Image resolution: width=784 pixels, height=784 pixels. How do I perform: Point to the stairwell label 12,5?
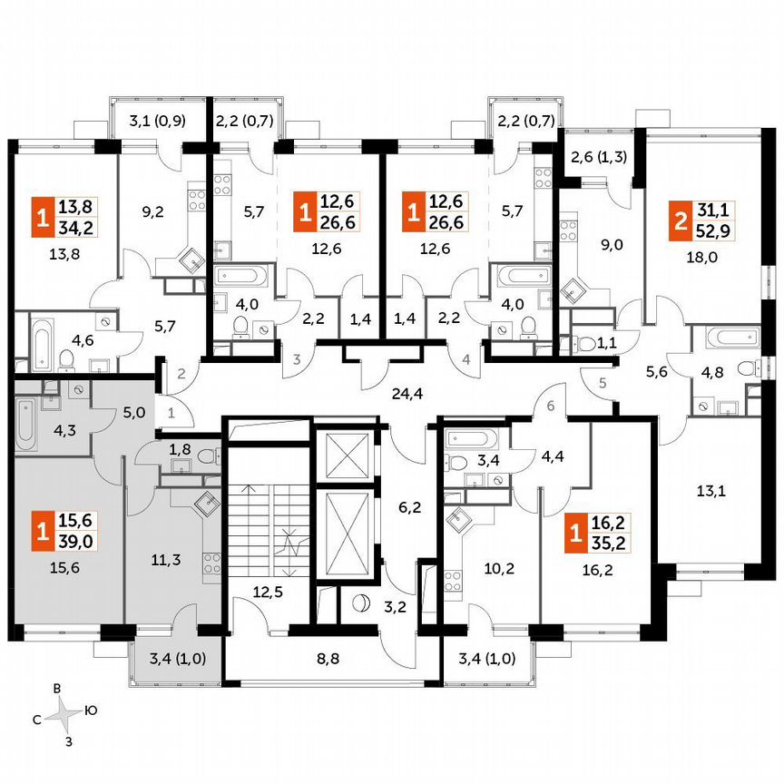tap(268, 593)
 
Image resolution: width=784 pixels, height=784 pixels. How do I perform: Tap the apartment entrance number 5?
tap(602, 382)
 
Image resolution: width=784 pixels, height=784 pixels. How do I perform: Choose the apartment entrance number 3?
tap(297, 360)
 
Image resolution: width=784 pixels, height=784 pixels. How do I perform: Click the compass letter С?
tap(36, 719)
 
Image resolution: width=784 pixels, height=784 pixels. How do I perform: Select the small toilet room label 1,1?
tap(603, 343)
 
